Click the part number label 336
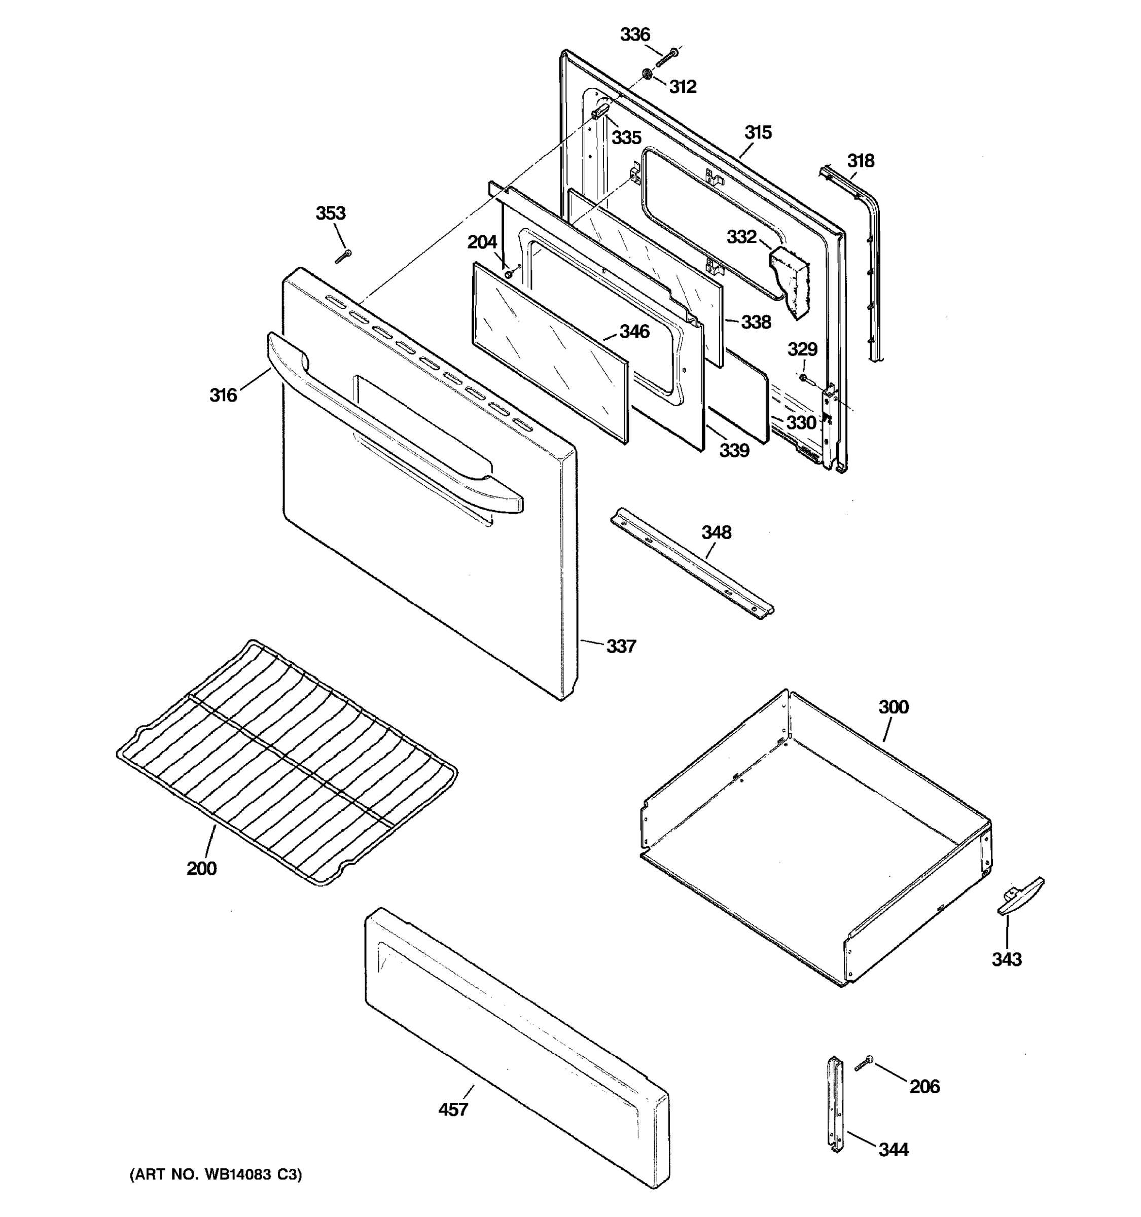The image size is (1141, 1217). click(635, 35)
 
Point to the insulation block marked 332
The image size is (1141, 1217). click(790, 280)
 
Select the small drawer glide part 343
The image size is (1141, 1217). click(1020, 897)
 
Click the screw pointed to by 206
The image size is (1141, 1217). click(864, 1064)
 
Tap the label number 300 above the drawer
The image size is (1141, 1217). click(893, 707)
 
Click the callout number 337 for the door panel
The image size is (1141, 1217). click(621, 647)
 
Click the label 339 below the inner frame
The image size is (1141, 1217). click(734, 451)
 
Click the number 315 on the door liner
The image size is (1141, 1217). click(758, 133)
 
